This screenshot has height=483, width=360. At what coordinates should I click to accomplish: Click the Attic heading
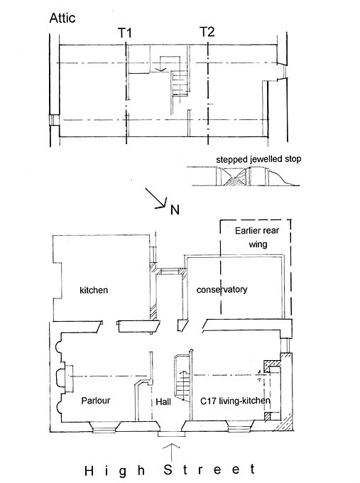coord(62,18)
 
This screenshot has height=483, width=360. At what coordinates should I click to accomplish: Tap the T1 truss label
coord(125,33)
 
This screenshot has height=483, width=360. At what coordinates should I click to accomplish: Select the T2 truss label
coord(207,32)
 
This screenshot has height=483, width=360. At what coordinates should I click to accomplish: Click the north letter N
coord(175,210)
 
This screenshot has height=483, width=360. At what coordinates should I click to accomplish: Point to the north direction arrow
coord(156,198)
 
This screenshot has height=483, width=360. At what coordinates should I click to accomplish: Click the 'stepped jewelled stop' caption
coord(258,159)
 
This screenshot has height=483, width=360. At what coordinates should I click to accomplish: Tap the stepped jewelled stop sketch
coord(244,176)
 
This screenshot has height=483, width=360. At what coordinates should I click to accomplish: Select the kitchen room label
coord(94,291)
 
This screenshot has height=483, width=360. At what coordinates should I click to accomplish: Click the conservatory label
coord(222,290)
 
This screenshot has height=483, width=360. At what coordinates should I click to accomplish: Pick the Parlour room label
coord(95,401)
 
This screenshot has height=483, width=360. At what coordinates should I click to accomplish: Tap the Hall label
coord(163,402)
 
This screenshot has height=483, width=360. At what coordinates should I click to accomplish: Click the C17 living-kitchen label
coord(235,401)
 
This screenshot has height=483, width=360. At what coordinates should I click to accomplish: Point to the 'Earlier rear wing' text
coord(257,237)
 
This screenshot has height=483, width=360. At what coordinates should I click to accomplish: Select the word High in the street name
coord(115,472)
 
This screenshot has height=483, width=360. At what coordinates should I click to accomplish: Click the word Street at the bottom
coord(209,470)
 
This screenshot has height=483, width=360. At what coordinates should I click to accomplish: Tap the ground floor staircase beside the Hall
coord(183,379)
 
